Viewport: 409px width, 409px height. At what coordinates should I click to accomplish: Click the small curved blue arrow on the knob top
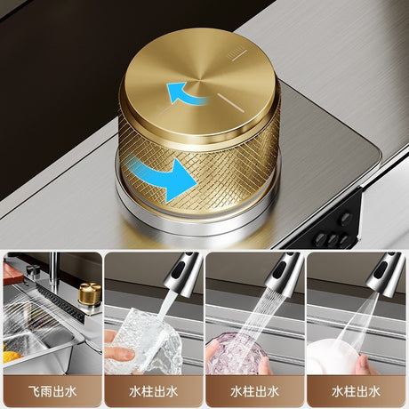[185, 92]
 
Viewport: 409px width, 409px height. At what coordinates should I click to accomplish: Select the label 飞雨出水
[52, 391]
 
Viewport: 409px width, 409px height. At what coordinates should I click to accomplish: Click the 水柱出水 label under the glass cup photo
[154, 391]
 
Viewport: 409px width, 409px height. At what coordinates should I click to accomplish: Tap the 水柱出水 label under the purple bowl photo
[255, 391]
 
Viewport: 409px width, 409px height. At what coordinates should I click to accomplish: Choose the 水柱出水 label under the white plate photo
[356, 391]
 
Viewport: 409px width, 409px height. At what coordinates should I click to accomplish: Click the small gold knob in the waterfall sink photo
[90, 293]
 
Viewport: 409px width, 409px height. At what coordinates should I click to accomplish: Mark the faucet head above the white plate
[386, 274]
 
